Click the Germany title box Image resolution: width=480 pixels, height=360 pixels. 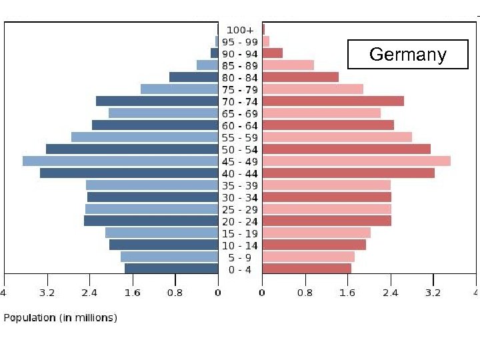tap(407, 54)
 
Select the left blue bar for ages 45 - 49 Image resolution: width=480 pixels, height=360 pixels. tap(120, 161)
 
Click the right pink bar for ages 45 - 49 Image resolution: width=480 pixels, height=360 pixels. tap(356, 161)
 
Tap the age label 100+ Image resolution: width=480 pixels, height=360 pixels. tap(240, 30)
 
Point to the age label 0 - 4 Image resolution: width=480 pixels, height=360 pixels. tap(240, 269)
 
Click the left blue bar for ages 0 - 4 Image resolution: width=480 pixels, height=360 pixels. tap(171, 269)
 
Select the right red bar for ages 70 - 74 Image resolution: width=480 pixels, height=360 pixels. tap(333, 101)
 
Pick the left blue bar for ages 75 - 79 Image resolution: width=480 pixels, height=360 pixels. tap(179, 89)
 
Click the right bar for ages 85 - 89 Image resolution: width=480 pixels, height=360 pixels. tap(288, 65)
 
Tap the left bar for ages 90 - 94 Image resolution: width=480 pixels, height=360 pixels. tap(215, 53)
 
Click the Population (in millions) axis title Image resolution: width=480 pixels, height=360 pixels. tap(61, 318)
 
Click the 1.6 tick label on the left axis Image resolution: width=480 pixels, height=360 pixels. tap(133, 292)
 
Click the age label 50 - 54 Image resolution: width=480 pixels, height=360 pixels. tap(240, 149)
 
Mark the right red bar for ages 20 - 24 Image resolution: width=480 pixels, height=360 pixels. tap(327, 221)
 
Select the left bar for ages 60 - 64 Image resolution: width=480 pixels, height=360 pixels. tap(155, 125)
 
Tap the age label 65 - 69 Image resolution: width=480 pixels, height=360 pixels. tap(240, 113)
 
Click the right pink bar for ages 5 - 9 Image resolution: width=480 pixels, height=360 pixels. tap(308, 257)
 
